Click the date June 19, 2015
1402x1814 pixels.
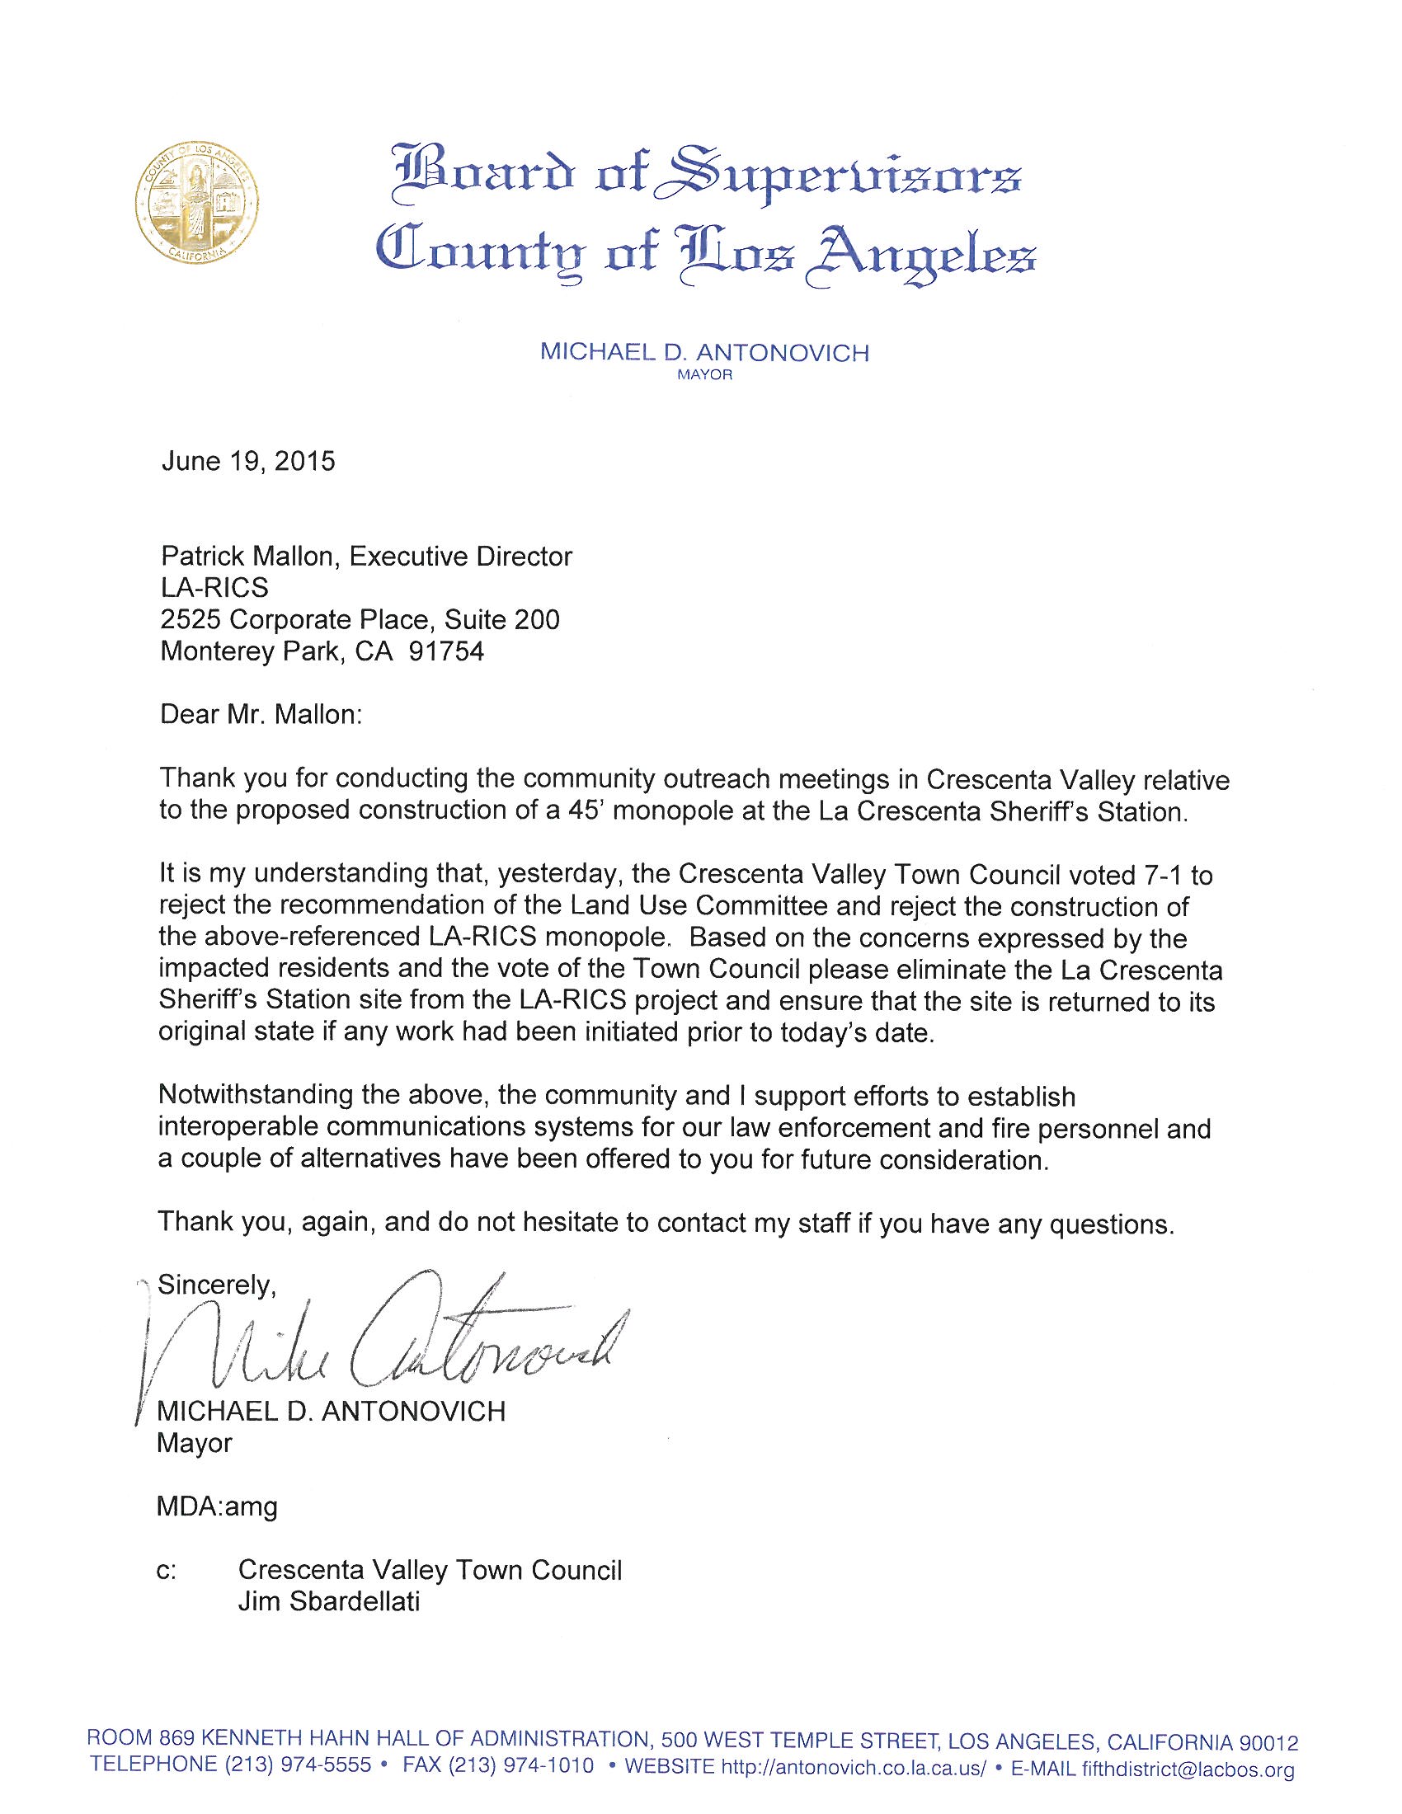(x=248, y=461)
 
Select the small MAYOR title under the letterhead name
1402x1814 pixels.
(x=704, y=375)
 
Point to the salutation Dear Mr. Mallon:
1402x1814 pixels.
(x=261, y=715)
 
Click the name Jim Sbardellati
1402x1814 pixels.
(x=329, y=1602)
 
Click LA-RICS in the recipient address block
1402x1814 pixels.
(x=214, y=588)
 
